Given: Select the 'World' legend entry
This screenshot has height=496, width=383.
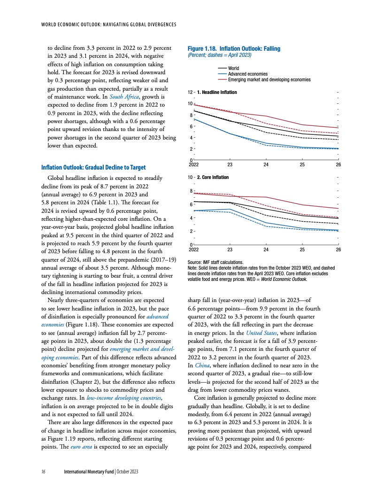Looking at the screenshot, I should point(233,69).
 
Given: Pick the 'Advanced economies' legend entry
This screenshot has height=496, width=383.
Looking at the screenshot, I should point(247,74).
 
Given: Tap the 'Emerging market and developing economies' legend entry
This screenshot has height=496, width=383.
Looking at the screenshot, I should point(269,79).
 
